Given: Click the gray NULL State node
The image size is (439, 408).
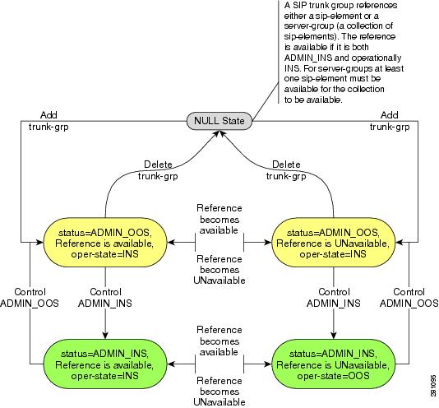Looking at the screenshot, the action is click(219, 121).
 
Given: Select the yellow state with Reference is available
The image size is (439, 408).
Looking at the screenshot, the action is click(105, 243).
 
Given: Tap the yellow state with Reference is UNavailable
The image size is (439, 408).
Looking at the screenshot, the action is click(333, 243).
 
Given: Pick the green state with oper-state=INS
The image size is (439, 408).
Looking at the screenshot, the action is click(105, 364).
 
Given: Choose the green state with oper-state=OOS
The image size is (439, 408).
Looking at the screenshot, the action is click(333, 364).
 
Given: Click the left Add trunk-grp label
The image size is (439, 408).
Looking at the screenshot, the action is click(49, 121).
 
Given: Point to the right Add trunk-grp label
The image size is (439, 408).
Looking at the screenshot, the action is click(390, 121).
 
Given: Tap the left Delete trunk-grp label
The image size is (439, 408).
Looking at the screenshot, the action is click(158, 170).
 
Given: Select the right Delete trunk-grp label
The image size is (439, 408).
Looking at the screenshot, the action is click(286, 170).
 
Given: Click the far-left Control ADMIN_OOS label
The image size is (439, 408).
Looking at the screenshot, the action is click(30, 298).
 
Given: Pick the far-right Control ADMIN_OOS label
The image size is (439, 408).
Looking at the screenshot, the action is click(409, 298).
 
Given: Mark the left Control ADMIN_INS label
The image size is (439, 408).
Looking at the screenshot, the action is click(105, 298).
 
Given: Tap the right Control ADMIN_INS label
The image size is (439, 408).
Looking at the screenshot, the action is click(334, 298).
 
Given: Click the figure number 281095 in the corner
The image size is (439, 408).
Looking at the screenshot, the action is click(433, 386).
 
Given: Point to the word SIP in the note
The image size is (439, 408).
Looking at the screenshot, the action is click(299, 5).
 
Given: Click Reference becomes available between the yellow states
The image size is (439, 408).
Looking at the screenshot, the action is click(219, 219).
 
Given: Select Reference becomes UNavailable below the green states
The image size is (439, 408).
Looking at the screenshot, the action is click(219, 392).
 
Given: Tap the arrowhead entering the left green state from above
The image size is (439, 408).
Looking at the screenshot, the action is click(105, 336).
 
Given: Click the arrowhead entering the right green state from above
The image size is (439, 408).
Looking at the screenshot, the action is click(334, 336).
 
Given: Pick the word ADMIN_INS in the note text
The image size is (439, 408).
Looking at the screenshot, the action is click(308, 58).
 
